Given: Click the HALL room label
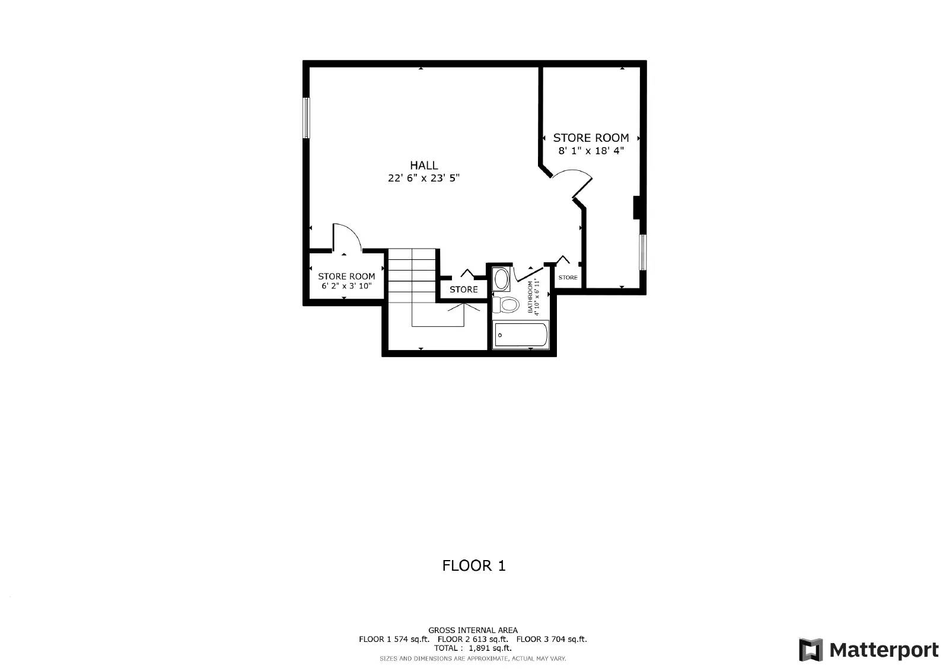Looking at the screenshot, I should tap(423, 165).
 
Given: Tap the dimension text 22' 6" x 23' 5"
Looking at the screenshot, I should tap(423, 178).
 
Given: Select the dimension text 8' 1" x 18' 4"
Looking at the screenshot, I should tap(591, 151).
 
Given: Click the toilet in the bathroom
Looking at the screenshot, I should tap(506, 305).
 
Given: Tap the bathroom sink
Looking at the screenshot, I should tap(501, 278).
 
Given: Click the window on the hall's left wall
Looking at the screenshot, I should tap(306, 117).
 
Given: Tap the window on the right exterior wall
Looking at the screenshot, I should tap(642, 252).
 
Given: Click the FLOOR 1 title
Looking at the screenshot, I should tap(474, 565).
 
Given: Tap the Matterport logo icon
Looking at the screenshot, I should tap(811, 650).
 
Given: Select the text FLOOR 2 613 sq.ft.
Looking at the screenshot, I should tap(473, 639).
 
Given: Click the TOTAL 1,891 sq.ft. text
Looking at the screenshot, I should tap(473, 648).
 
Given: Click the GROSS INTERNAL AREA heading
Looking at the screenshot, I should tap(473, 630).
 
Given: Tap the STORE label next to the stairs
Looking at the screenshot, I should tap(463, 290).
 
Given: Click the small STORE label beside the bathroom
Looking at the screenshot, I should tap(568, 277).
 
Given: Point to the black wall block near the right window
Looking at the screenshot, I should tap(637, 207).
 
